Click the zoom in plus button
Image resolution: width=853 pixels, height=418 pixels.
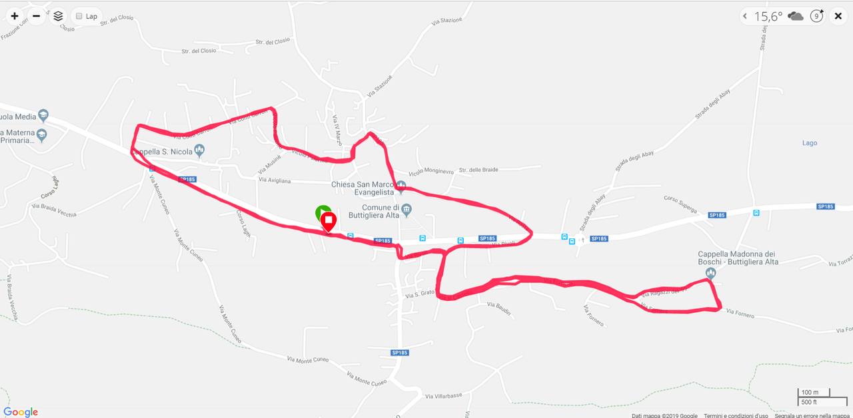pos(15,16)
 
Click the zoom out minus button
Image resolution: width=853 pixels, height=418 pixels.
pos(37,16)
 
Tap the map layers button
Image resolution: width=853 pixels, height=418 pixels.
pos(58,16)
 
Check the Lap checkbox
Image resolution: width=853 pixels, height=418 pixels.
pos(79,16)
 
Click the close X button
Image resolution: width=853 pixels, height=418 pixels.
pos(838,16)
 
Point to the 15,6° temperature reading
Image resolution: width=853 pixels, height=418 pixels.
pos(768,17)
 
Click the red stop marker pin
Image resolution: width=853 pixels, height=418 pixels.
pos(328,221)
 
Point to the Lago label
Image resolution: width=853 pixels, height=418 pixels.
pos(810,143)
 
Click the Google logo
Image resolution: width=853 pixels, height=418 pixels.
pos(21,412)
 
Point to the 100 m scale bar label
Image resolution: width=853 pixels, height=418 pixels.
pos(810,392)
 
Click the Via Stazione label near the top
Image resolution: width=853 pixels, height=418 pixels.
pos(446,21)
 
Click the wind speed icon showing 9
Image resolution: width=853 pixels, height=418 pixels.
pos(817,16)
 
